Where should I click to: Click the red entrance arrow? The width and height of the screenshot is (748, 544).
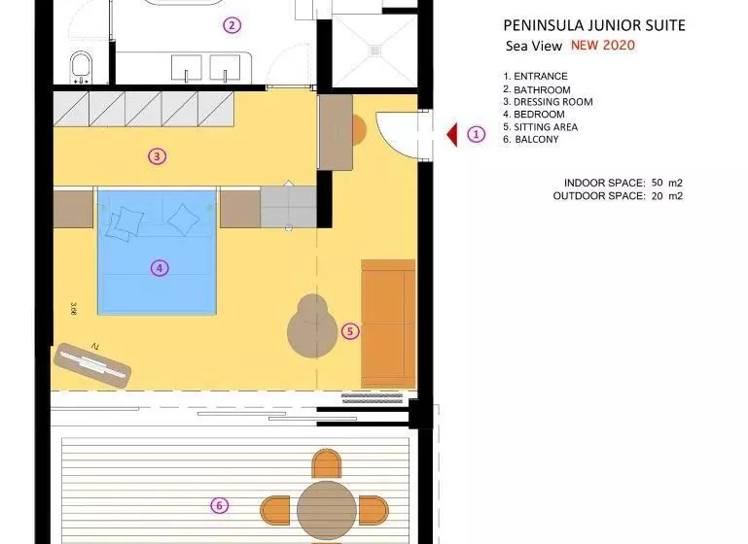pyautogui.click(x=452, y=135)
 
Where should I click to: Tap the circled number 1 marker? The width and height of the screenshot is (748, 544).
pyautogui.click(x=476, y=134)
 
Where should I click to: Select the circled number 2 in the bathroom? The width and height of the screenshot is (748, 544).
pyautogui.click(x=232, y=25)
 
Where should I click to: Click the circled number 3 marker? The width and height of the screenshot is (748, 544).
pyautogui.click(x=158, y=156)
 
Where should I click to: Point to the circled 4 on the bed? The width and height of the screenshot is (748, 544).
pyautogui.click(x=160, y=268)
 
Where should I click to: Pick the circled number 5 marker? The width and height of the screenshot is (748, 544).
pyautogui.click(x=350, y=331)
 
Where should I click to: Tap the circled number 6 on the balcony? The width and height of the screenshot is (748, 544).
pyautogui.click(x=220, y=505)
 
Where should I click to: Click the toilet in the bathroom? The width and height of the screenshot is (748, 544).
pyautogui.click(x=81, y=68)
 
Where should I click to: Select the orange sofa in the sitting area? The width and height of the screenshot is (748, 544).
pyautogui.click(x=388, y=323)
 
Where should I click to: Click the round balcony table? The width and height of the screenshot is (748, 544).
pyautogui.click(x=327, y=510)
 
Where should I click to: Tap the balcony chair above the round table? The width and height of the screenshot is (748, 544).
pyautogui.click(x=327, y=463)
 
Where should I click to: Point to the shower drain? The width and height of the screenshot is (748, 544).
pyautogui.click(x=374, y=51)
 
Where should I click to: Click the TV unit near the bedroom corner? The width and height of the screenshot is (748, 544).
pyautogui.click(x=92, y=365)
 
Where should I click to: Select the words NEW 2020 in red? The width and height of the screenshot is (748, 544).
pyautogui.click(x=603, y=46)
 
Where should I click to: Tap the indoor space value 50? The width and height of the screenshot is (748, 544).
pyautogui.click(x=657, y=183)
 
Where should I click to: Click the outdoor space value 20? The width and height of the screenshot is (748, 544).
pyautogui.click(x=657, y=196)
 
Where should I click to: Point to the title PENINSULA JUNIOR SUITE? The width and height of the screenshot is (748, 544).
pyautogui.click(x=594, y=25)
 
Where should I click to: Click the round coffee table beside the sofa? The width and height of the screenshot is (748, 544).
pyautogui.click(x=312, y=326)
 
